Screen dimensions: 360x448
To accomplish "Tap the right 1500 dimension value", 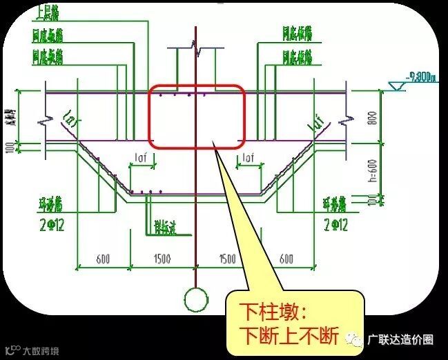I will click(227, 259).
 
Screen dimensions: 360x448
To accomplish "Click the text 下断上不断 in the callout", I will click(288, 334).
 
